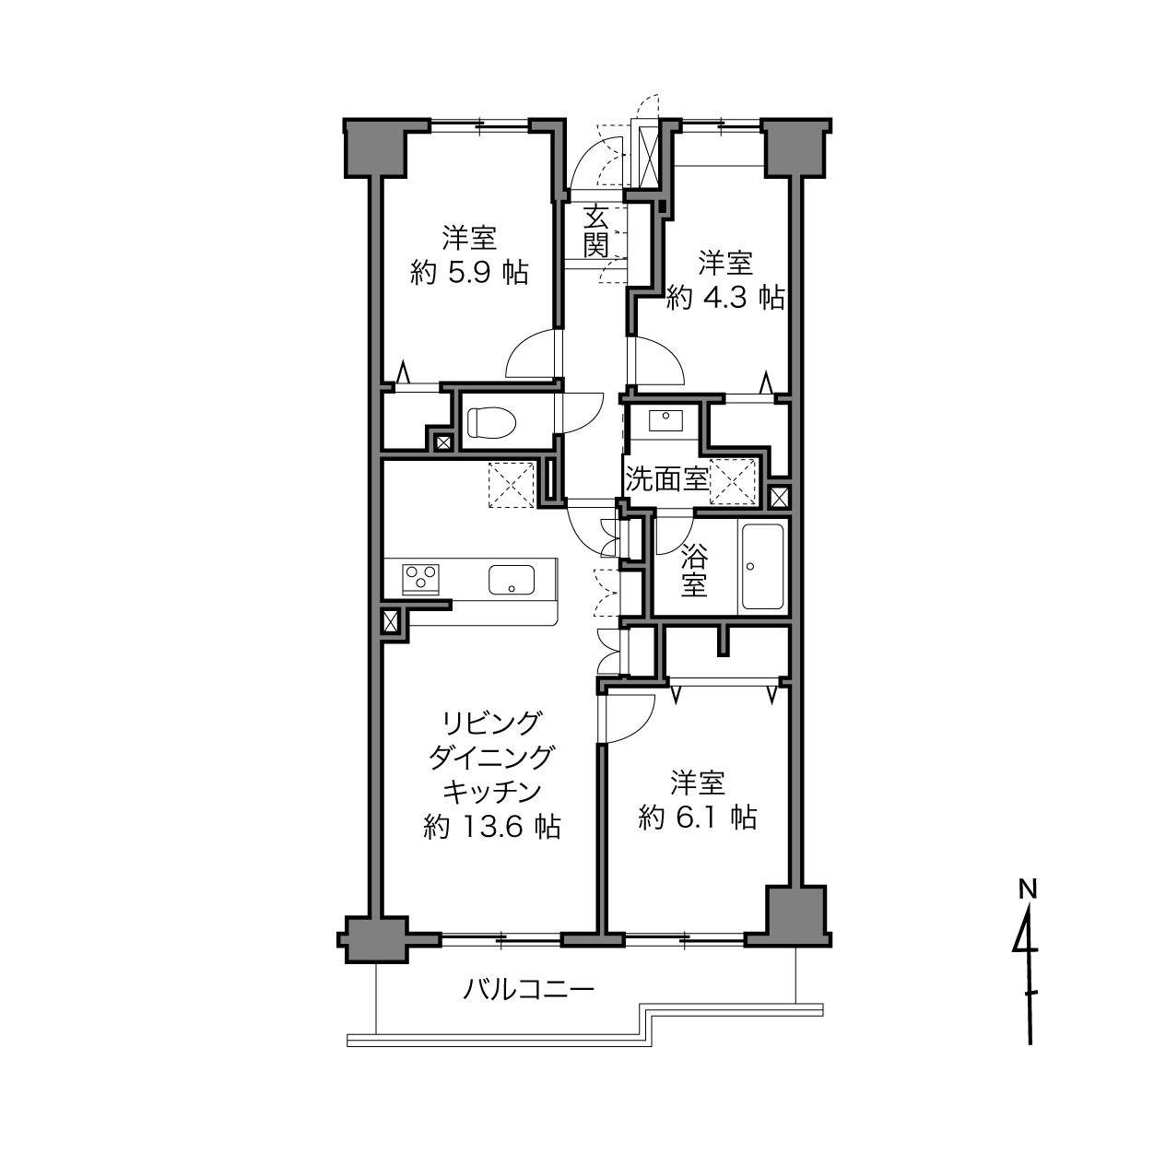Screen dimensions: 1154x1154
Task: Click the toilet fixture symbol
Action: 491,422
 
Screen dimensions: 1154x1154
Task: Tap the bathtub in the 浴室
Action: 763,566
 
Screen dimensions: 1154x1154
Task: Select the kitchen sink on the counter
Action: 512,579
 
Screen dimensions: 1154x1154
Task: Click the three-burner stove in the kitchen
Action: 421,579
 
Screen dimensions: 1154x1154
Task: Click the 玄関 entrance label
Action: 595,230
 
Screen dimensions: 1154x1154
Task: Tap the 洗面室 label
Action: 666,478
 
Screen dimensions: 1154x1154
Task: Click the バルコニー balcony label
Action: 528,989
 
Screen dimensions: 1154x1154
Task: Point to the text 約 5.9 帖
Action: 469,273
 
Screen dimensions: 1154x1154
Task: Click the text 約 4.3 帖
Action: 725,297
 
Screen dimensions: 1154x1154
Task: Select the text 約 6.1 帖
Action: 698,817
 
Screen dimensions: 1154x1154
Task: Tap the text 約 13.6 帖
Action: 491,827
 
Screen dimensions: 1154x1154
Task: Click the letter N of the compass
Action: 1029,889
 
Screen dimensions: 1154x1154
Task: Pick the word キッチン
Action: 492,792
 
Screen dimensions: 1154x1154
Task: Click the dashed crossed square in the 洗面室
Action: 733,481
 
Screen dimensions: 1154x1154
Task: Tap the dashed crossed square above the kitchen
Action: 512,485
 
